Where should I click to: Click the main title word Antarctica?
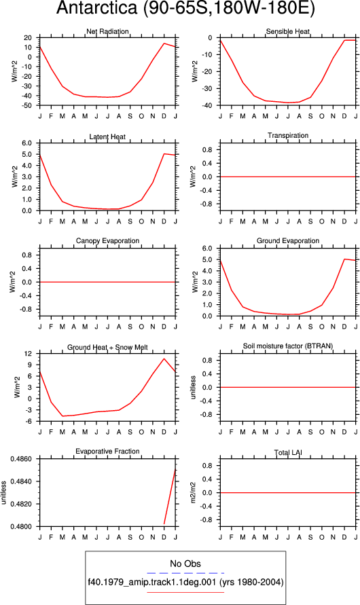(x=97, y=7)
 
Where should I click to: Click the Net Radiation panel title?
(x=107, y=31)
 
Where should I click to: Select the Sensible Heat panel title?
(x=288, y=31)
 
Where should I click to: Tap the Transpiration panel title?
(x=288, y=135)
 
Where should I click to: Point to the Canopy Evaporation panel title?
(x=107, y=241)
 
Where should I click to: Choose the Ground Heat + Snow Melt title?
(x=107, y=347)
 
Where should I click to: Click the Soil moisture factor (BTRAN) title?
(x=288, y=346)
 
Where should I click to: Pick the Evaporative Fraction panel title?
(x=107, y=451)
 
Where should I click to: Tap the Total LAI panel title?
(x=288, y=453)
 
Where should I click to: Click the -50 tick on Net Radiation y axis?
(x=27, y=105)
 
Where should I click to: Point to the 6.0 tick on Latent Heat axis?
(x=27, y=143)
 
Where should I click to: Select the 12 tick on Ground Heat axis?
(x=29, y=354)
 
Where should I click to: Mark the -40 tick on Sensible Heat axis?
(x=208, y=105)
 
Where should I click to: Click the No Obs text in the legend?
(x=185, y=564)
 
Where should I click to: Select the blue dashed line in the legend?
(x=185, y=573)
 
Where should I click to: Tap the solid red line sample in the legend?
(x=185, y=592)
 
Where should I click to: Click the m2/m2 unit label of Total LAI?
(x=194, y=493)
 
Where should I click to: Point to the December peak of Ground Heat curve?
(x=164, y=359)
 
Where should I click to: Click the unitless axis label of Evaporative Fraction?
(x=3, y=492)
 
